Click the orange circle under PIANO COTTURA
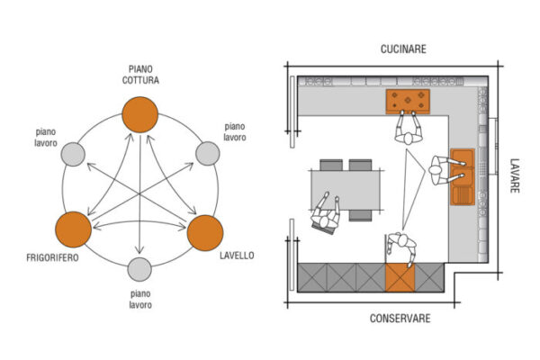point(140,114)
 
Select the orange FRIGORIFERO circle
point(74,229)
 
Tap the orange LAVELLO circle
point(205,233)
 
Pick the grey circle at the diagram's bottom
point(139,269)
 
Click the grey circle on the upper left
point(73,154)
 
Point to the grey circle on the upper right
point(208,153)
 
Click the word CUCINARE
point(403,49)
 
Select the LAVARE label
point(515,175)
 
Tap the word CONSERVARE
point(400,319)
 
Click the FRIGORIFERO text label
point(52,257)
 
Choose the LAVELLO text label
point(237,256)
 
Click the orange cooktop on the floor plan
point(408,102)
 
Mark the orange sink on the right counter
point(463,176)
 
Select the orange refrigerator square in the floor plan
point(400,277)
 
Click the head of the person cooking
point(409,138)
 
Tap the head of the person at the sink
point(435,170)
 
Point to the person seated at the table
point(326,214)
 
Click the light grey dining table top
point(346,190)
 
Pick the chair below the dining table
point(360,216)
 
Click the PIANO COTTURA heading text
point(140,75)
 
